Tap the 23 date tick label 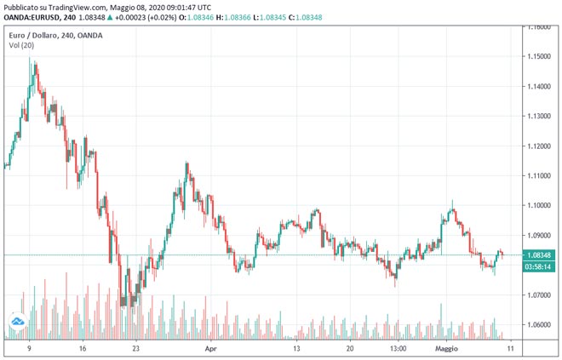pyautogui.click(x=136, y=349)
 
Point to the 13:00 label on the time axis pyautogui.click(x=397, y=349)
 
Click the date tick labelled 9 pyautogui.click(x=29, y=349)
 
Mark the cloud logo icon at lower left pyautogui.click(x=16, y=323)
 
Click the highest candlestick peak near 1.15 pyautogui.click(x=32, y=61)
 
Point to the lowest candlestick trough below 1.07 pyautogui.click(x=124, y=305)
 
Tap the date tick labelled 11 pyautogui.click(x=509, y=349)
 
